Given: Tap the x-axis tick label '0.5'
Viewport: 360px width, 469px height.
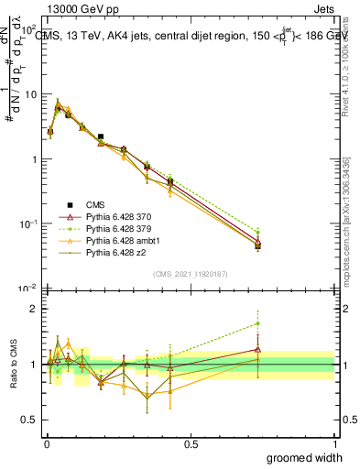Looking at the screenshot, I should (x=191, y=443).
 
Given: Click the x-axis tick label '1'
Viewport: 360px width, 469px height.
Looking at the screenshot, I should (x=334, y=443).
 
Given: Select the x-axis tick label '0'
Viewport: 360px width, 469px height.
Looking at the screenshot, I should (x=47, y=443).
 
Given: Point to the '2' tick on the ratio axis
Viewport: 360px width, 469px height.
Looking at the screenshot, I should (x=33, y=309).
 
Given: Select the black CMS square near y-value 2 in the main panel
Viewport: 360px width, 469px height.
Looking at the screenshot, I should (x=101, y=136).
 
